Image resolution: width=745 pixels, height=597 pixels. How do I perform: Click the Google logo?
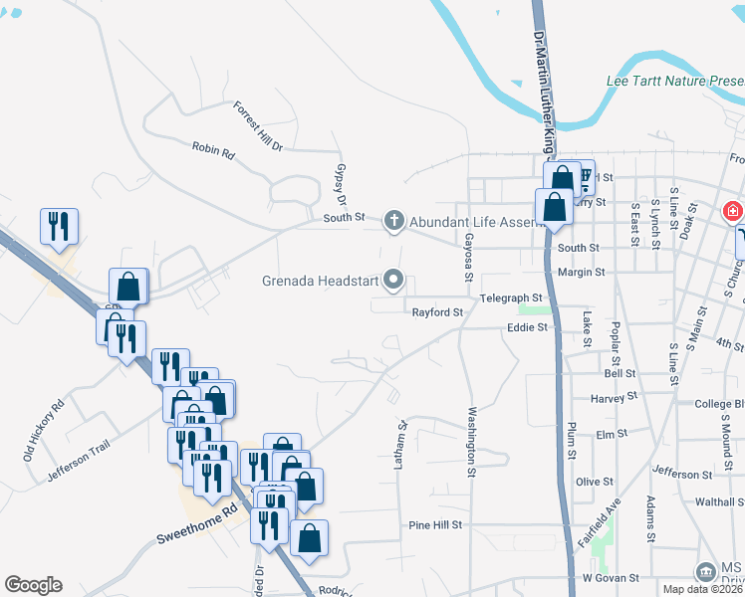pyautogui.click(x=34, y=585)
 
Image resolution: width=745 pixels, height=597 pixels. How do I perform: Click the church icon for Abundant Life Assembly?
pyautogui.click(x=393, y=221)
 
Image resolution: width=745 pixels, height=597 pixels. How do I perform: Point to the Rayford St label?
pyautogui.click(x=438, y=312)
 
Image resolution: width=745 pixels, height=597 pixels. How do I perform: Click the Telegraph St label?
pyautogui.click(x=511, y=298)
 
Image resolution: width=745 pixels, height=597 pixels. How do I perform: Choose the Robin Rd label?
pyautogui.click(x=212, y=149)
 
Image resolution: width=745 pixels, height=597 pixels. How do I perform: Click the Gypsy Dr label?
pyautogui.click(x=342, y=182)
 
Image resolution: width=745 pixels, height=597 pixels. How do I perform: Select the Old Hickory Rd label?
pyautogui.click(x=44, y=430)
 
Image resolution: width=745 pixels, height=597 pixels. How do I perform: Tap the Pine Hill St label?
pyautogui.click(x=436, y=524)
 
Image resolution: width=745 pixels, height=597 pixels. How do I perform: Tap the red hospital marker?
pyautogui.click(x=732, y=211)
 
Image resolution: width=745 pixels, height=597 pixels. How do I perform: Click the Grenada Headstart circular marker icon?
pyautogui.click(x=393, y=281)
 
